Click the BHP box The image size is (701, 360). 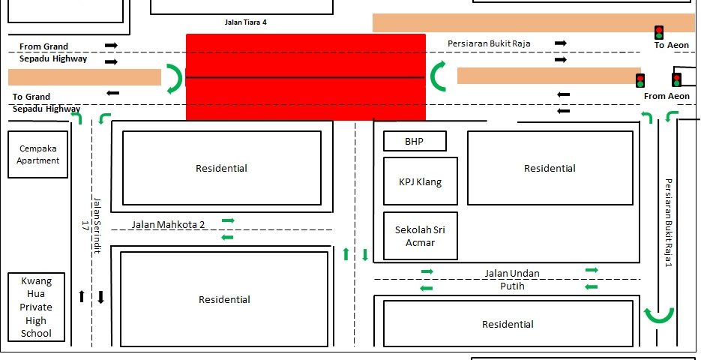pyautogui.click(x=415, y=141)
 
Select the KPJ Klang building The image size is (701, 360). pyautogui.click(x=420, y=181)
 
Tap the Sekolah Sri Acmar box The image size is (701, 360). pyautogui.click(x=420, y=236)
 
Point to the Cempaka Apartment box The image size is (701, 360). pyautogui.click(x=38, y=154)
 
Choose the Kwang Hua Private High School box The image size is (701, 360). pyautogui.click(x=36, y=307)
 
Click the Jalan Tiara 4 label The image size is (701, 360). pyautogui.click(x=245, y=22)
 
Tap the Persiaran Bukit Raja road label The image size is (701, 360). pyautogui.click(x=489, y=43)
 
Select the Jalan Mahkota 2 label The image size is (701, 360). pyautogui.click(x=168, y=224)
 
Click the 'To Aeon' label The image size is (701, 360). pyautogui.click(x=670, y=46)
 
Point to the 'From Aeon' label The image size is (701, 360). pyautogui.click(x=667, y=96)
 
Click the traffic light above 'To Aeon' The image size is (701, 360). pyautogui.click(x=658, y=31)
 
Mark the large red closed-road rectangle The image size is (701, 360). pyautogui.click(x=306, y=76)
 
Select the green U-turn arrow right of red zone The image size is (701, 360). pyautogui.click(x=439, y=77)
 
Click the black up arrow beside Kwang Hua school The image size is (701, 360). pyautogui.click(x=82, y=296)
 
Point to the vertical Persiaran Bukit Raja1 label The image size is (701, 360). pyautogui.click(x=667, y=223)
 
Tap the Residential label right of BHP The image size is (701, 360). pyautogui.click(x=550, y=169)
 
